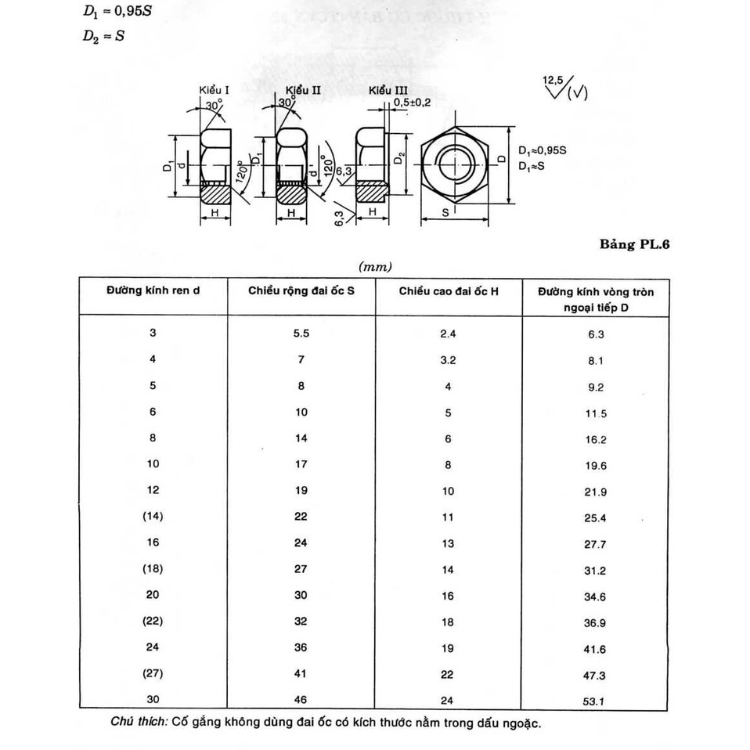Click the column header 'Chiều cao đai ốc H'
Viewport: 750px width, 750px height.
[x=449, y=291]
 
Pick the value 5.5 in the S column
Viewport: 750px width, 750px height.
[x=301, y=333]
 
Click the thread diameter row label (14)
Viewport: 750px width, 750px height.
[x=153, y=516]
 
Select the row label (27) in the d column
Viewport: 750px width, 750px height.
[x=153, y=673]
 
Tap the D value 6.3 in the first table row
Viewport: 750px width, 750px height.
[x=597, y=334]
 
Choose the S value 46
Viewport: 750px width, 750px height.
[x=301, y=700]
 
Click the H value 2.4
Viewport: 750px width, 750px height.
[x=448, y=334]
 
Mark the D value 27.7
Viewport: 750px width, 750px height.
[x=597, y=544]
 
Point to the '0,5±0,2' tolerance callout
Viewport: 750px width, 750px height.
[x=413, y=103]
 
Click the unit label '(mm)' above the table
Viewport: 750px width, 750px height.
[x=374, y=267]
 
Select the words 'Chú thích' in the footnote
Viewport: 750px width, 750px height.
[x=139, y=723]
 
